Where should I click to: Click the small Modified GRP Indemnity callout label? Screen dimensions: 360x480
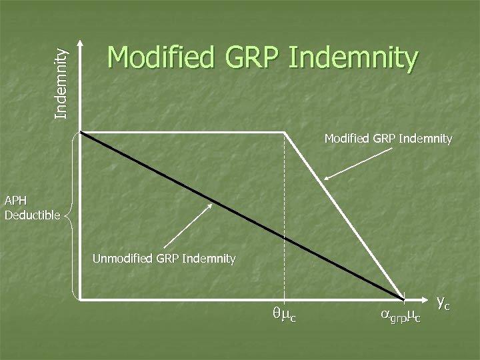click(x=388, y=139)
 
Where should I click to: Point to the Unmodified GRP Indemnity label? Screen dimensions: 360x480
click(x=164, y=258)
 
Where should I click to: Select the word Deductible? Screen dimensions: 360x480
click(x=32, y=215)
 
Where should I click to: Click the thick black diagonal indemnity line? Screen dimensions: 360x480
click(x=240, y=213)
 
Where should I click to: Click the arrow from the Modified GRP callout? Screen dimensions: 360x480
click(x=359, y=163)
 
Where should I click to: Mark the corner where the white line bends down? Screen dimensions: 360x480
click(x=285, y=132)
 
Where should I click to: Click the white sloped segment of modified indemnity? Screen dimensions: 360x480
click(x=343, y=213)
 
